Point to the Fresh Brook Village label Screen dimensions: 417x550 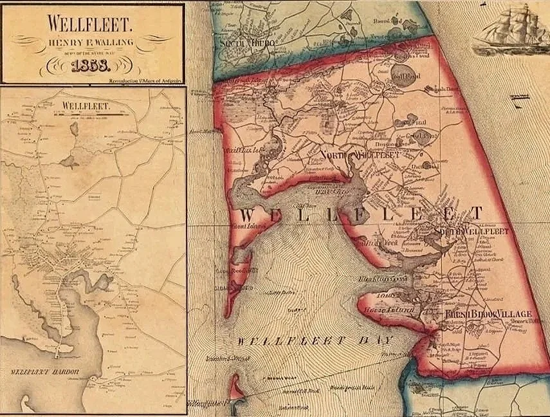tap(488, 313)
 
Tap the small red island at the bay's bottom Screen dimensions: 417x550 tap(236, 389)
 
